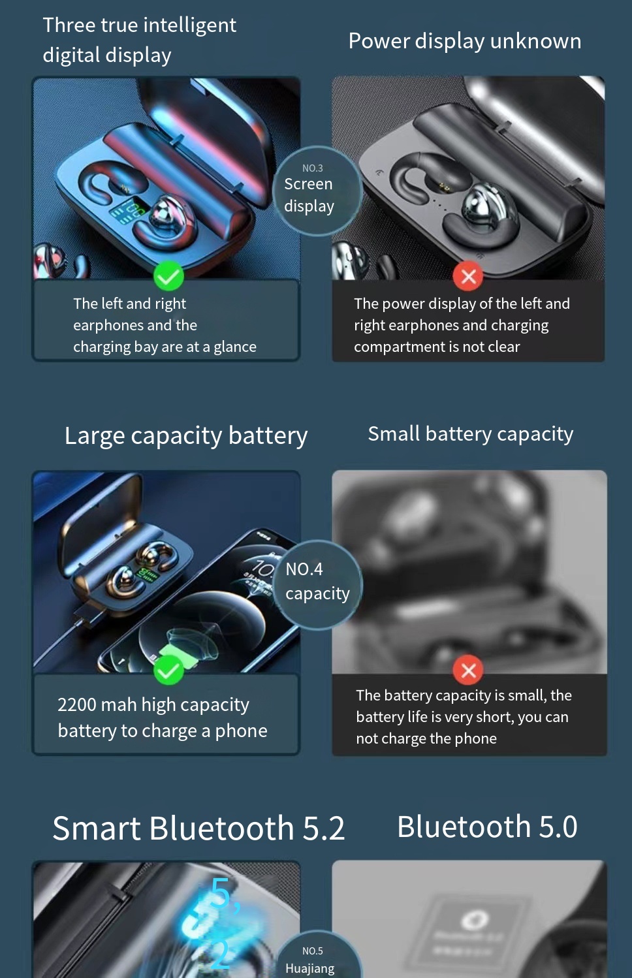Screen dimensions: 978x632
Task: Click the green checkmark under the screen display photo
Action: [x=168, y=277]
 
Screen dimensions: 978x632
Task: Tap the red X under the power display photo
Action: [x=468, y=277]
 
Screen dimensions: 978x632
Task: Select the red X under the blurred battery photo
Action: [x=468, y=670]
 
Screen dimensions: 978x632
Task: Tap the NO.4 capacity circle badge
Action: [x=317, y=584]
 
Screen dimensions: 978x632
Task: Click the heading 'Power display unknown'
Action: [x=464, y=41]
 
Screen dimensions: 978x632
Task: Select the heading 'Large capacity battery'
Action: [x=185, y=435]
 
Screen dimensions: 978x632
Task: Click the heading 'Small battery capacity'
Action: [x=470, y=434]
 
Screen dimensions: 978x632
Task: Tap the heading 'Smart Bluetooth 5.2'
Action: [x=198, y=828]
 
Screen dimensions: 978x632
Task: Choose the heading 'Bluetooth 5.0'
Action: [x=487, y=827]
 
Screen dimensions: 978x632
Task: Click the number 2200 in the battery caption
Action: [x=76, y=705]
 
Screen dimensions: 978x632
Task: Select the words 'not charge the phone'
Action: [x=426, y=739]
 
